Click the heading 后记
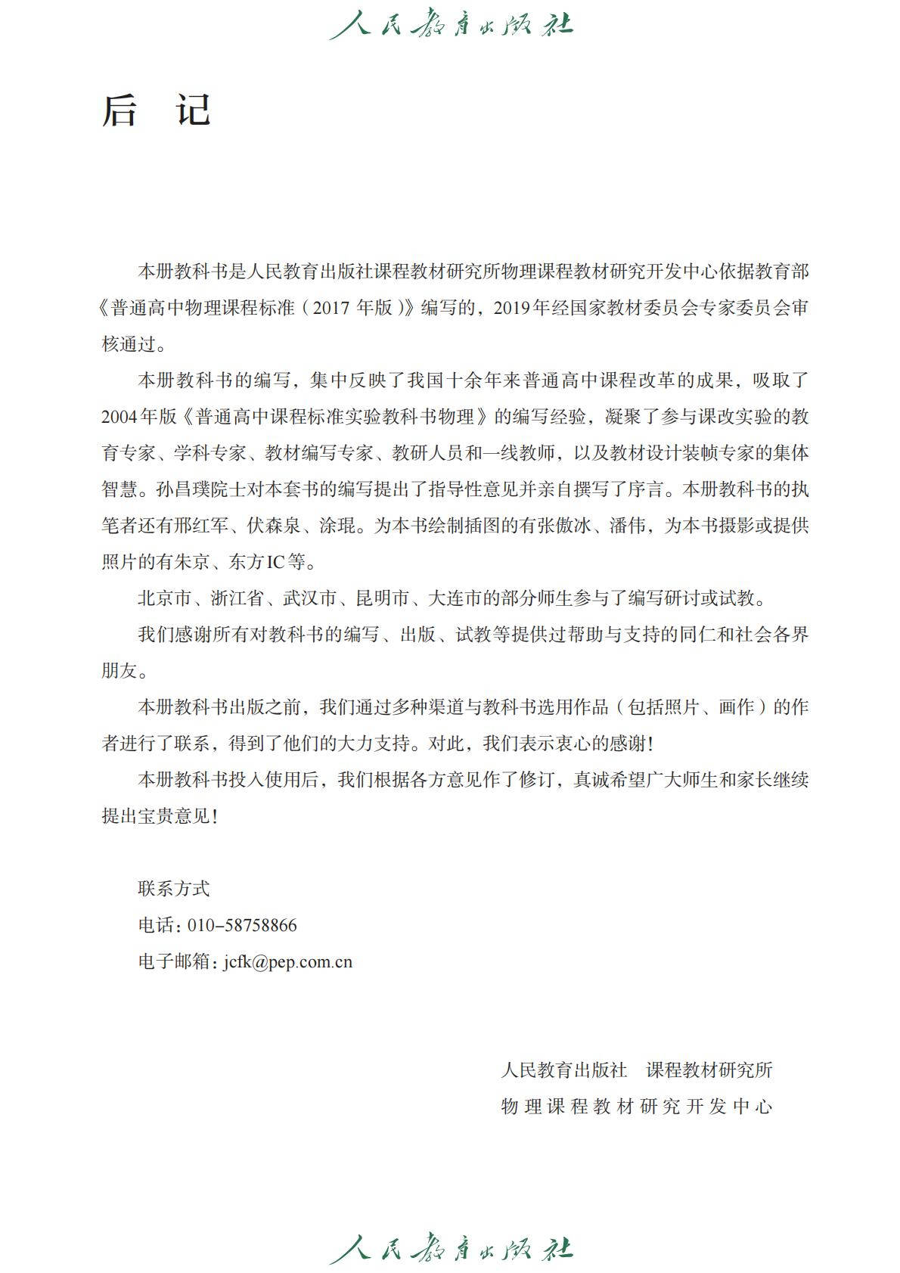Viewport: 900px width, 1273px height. (157, 110)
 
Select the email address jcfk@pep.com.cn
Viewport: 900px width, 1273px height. (288, 961)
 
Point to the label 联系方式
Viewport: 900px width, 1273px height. (173, 889)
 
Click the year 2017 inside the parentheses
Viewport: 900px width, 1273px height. (332, 308)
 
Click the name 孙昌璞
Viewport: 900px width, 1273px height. (183, 489)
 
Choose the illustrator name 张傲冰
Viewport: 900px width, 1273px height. (565, 526)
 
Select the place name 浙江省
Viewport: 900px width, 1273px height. (237, 598)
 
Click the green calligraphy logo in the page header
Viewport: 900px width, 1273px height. (451, 25)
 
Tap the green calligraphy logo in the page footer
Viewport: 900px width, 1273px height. (451, 1250)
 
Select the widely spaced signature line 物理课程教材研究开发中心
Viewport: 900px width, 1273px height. (636, 1107)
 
